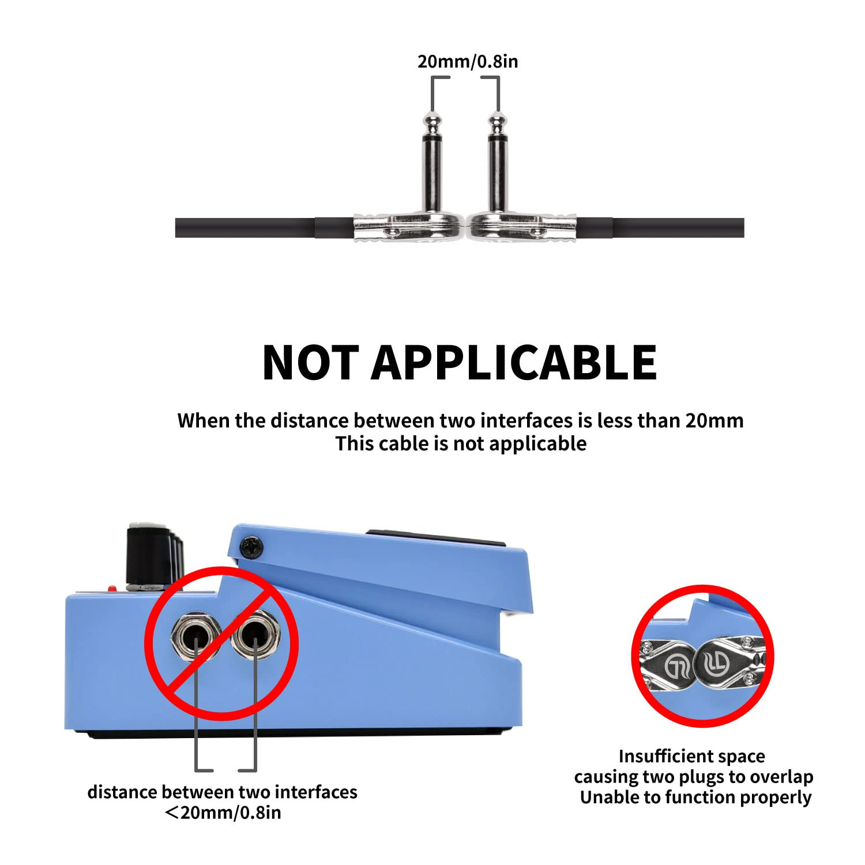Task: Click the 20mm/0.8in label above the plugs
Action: pos(468,61)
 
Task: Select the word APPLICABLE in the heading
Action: pos(514,362)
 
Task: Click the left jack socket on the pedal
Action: pos(196,637)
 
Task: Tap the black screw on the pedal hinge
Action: pos(253,547)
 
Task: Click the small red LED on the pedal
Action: pos(112,588)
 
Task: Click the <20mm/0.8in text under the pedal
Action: pos(223,813)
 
